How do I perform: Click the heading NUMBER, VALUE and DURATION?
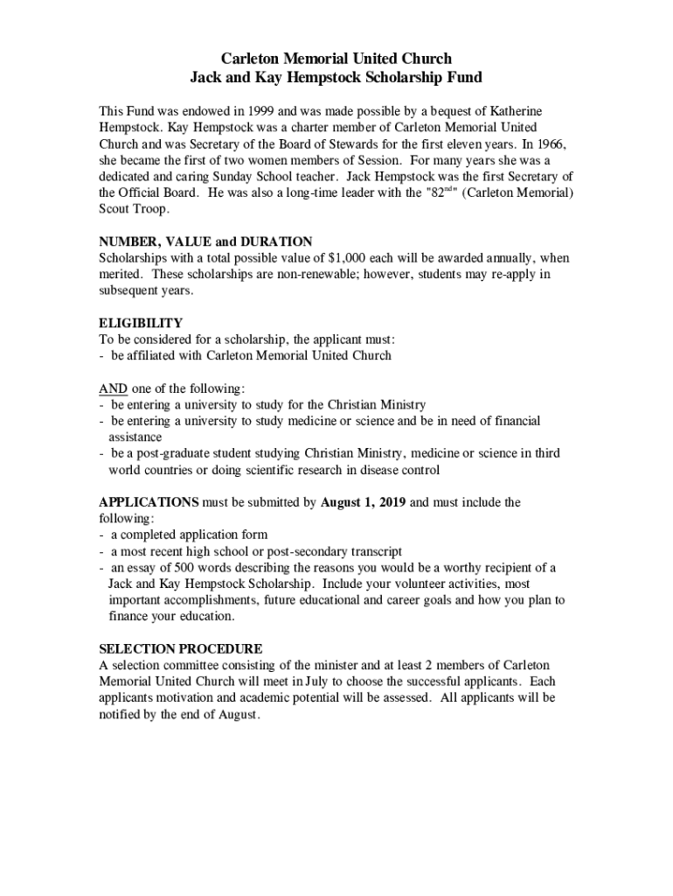tap(205, 241)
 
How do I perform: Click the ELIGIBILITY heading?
tap(141, 323)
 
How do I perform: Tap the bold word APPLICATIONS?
tap(149, 502)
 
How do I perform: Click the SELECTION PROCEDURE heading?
tap(181, 648)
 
